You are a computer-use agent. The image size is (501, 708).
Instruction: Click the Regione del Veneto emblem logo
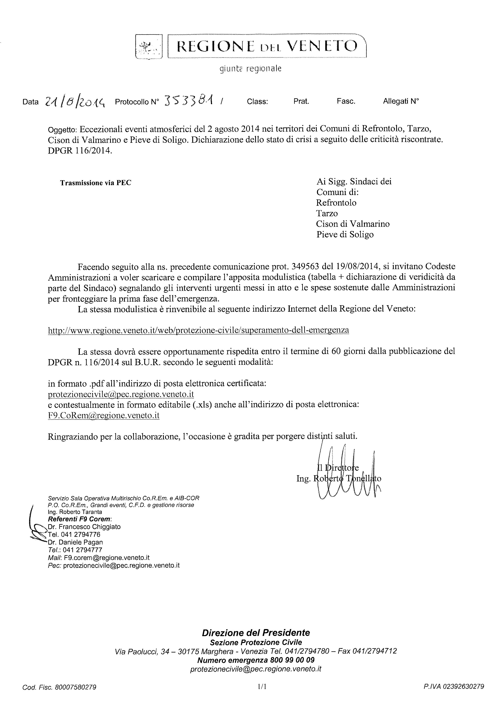pyautogui.click(x=149, y=47)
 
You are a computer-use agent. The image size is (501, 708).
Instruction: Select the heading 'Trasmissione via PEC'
pyautogui.click(x=96, y=183)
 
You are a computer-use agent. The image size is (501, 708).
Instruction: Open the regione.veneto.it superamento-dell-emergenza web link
pyautogui.click(x=198, y=330)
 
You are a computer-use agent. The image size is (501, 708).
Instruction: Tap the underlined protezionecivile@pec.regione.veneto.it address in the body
pyautogui.click(x=121, y=394)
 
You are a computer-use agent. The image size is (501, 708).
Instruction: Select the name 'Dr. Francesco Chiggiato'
pyautogui.click(x=84, y=527)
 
